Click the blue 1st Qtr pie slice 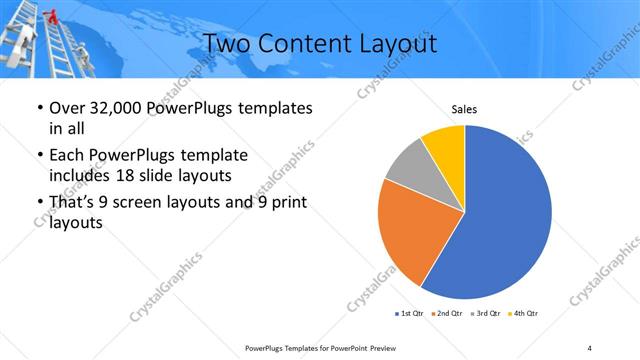pos(510,215)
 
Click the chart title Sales pos(464,110)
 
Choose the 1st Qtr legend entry pos(410,313)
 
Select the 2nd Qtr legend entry pos(445,313)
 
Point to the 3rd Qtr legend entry pos(486,313)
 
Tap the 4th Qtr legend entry pos(524,313)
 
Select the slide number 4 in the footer pos(590,347)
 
